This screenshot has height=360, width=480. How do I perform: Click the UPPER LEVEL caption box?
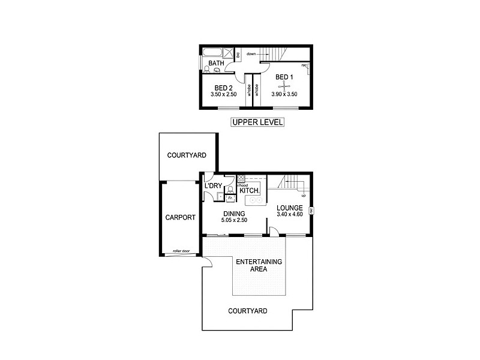(x=257, y=122)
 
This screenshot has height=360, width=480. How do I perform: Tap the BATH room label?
(x=216, y=63)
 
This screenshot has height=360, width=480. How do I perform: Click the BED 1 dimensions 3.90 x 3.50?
(x=284, y=94)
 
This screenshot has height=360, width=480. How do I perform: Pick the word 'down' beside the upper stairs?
(x=252, y=54)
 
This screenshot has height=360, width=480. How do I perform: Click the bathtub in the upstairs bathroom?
(x=213, y=51)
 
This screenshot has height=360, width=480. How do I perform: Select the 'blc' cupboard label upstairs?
(x=238, y=55)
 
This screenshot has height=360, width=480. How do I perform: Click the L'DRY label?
(x=214, y=186)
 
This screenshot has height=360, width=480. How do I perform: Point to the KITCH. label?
(x=250, y=190)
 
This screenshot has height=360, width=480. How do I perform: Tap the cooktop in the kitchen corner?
(x=241, y=179)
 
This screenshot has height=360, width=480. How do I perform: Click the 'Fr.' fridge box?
(x=230, y=197)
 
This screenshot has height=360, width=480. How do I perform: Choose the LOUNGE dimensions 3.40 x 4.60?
(x=290, y=215)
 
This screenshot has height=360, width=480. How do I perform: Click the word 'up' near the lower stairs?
(x=303, y=196)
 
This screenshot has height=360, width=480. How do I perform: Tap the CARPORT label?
(x=180, y=218)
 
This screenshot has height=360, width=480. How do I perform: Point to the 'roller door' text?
(x=181, y=251)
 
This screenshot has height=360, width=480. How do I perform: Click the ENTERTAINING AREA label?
(x=259, y=266)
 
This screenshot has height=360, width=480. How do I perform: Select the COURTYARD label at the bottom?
(x=248, y=311)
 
